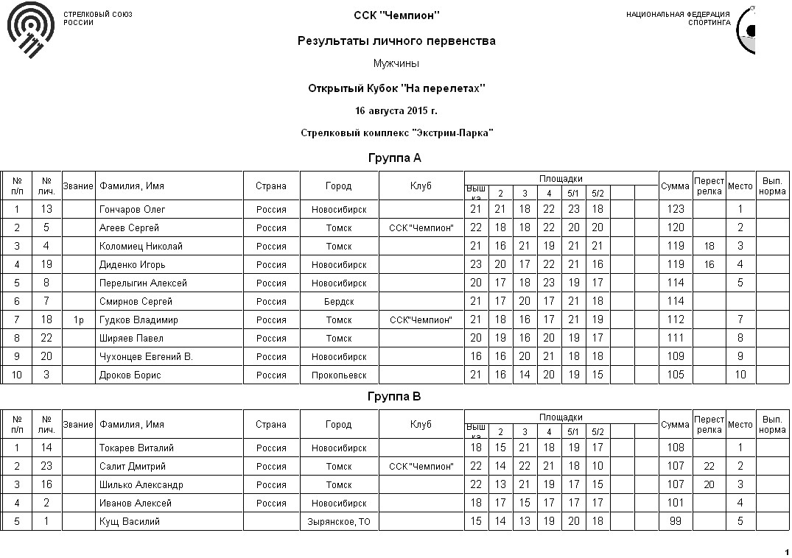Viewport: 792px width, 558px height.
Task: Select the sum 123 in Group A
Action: click(676, 210)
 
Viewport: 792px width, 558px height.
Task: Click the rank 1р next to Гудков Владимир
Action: click(79, 320)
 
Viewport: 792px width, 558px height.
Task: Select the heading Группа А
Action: click(395, 158)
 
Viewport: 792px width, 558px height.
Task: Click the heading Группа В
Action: click(395, 397)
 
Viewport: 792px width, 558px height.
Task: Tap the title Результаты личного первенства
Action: click(396, 41)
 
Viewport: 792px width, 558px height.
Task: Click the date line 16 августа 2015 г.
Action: click(396, 111)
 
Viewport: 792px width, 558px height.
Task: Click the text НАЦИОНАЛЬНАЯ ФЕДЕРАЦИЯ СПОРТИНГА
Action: click(679, 18)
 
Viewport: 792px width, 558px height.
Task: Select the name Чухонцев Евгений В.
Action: click(146, 357)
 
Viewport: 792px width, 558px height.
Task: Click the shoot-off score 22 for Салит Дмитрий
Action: click(709, 467)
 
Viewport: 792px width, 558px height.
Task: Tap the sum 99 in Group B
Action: click(676, 522)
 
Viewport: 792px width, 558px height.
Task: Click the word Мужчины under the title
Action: click(396, 64)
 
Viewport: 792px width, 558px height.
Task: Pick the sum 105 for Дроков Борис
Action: click(676, 375)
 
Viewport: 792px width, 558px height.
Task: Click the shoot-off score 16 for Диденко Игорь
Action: click(709, 265)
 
